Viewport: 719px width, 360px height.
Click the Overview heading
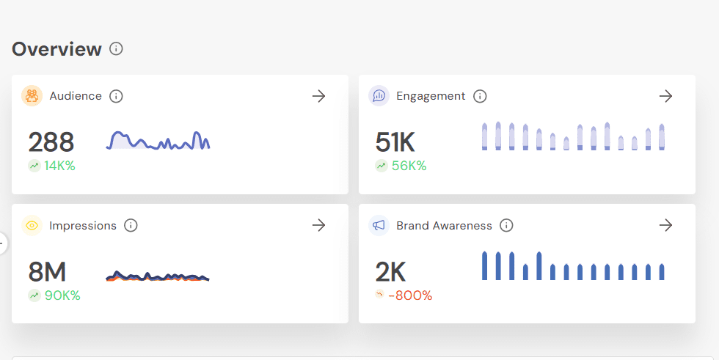56,49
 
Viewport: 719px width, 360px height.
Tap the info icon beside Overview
116,48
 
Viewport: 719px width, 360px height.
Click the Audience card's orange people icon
32,96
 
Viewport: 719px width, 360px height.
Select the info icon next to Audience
116,96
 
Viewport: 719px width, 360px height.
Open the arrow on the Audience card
318,96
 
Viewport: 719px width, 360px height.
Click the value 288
51,142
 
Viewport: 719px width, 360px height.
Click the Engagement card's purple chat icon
379,96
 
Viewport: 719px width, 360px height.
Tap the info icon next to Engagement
480,96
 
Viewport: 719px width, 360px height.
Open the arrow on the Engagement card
665,96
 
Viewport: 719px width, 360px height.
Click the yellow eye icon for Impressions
32,226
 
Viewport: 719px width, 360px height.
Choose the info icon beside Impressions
131,226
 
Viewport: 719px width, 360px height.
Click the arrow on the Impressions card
318,226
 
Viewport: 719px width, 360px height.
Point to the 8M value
47,272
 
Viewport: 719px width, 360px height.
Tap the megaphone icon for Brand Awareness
379,226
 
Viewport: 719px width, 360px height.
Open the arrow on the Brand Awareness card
665,226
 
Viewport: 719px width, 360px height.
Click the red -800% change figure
410,295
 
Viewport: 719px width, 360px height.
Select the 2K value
390,272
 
